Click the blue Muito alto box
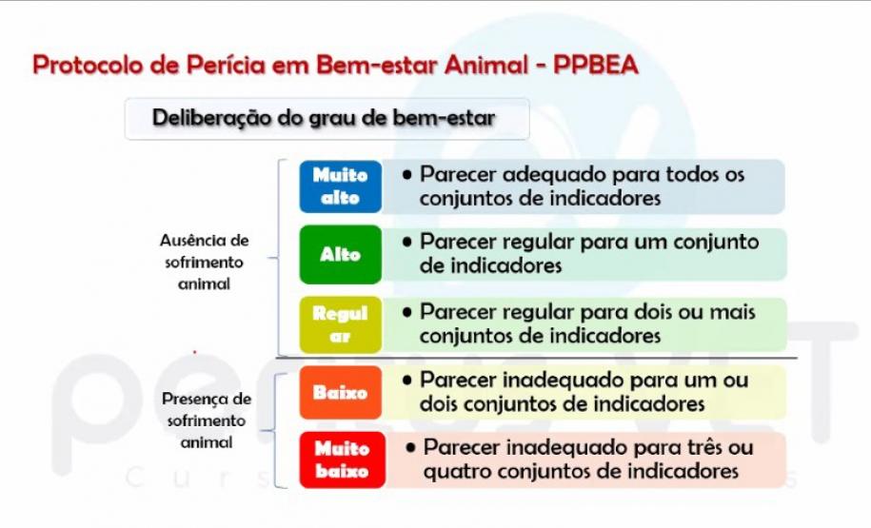tap(341, 186)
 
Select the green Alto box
tap(341, 255)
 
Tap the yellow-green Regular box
tap(341, 324)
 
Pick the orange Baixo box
tap(341, 392)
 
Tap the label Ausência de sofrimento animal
tap(204, 262)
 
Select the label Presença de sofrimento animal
tap(206, 420)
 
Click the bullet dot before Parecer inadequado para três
tap(410, 446)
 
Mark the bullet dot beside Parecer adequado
tap(406, 175)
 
